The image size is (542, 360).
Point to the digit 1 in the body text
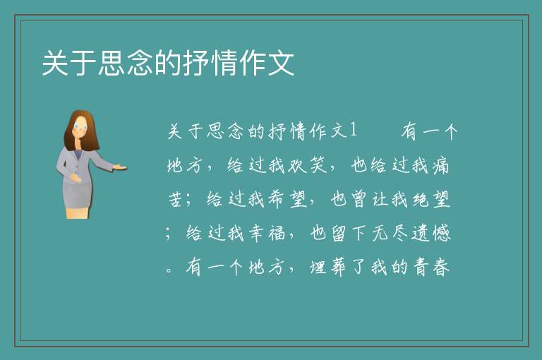pyautogui.click(x=353, y=130)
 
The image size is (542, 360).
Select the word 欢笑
pyautogui.click(x=307, y=164)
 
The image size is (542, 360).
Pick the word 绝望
pyautogui.click(x=431, y=199)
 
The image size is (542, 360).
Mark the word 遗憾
pyautogui.click(x=431, y=233)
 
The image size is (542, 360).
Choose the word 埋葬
pyautogui.click(x=327, y=267)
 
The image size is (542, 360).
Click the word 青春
pyautogui.click(x=431, y=267)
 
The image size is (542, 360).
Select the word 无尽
pyautogui.click(x=390, y=233)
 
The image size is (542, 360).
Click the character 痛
pyautogui.click(x=440, y=165)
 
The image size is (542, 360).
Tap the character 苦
pyautogui.click(x=176, y=199)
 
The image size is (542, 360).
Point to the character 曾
pyautogui.click(x=359, y=199)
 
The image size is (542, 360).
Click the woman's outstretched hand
pyautogui.click(x=119, y=167)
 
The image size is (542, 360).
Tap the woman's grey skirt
pyautogui.click(x=78, y=196)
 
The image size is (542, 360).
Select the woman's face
pyautogui.click(x=80, y=127)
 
